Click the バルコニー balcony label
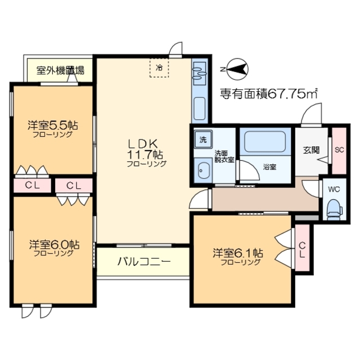point(140,262)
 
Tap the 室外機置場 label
point(60,71)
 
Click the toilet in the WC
point(333,208)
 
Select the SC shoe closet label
point(339,150)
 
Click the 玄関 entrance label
point(311,150)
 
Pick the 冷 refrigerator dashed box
point(160,68)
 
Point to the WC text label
point(334,188)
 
